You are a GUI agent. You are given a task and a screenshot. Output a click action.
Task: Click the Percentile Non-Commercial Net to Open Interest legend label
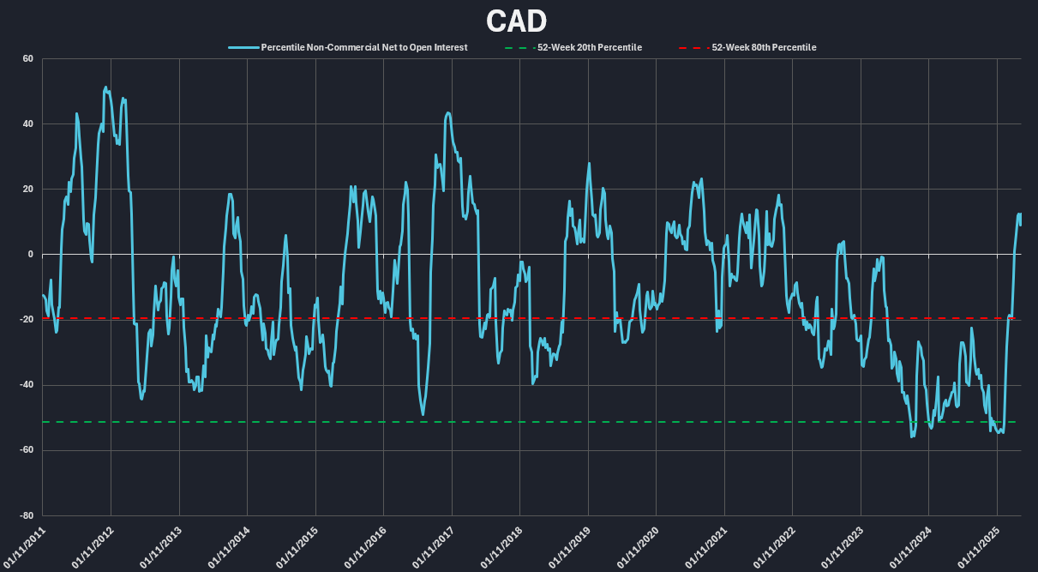(x=363, y=47)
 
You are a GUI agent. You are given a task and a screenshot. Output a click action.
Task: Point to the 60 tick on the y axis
(x=27, y=58)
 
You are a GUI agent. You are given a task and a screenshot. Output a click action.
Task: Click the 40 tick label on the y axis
(x=27, y=123)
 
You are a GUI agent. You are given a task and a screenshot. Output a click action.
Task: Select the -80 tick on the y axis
(x=26, y=515)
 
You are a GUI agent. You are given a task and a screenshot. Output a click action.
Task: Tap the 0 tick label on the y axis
(x=30, y=254)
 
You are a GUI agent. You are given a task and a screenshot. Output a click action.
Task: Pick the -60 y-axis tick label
(x=26, y=450)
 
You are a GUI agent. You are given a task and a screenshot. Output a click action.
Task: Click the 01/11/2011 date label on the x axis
(x=24, y=545)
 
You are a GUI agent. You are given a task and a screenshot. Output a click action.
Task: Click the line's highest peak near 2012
(x=105, y=87)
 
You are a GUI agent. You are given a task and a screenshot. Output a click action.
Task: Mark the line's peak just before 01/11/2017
(x=447, y=112)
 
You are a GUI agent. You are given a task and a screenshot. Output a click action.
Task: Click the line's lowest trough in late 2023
(x=912, y=437)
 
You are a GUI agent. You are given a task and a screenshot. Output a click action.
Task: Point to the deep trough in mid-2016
(x=423, y=415)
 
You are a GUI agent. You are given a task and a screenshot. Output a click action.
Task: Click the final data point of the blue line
(x=1020, y=225)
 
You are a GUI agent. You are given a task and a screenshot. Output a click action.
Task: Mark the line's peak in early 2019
(x=589, y=164)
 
